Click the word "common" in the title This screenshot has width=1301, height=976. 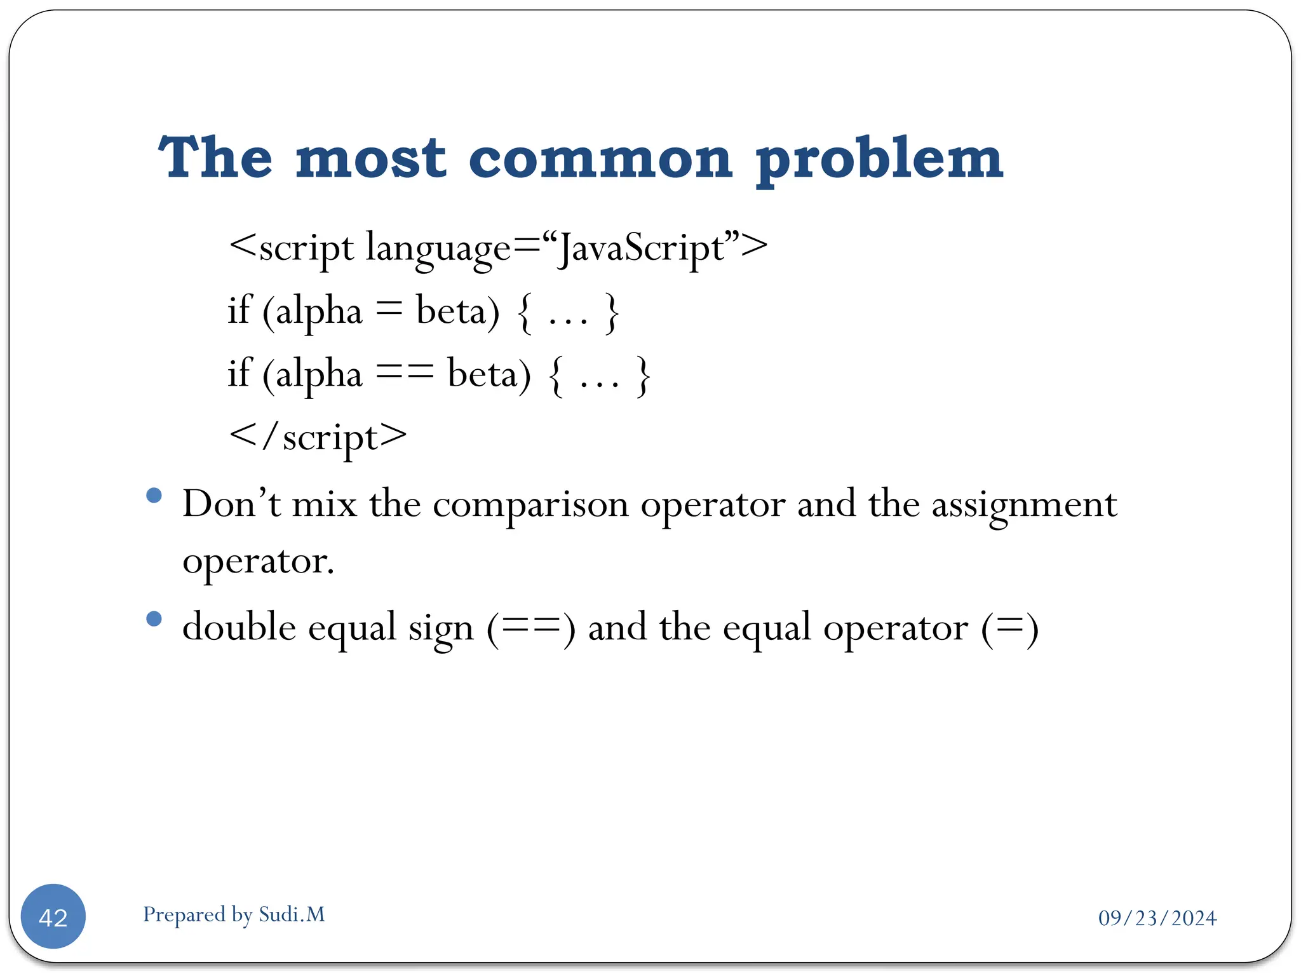point(600,158)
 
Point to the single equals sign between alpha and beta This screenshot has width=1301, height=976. point(389,311)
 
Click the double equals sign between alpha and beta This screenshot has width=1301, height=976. point(405,373)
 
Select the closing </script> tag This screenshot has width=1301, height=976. point(318,437)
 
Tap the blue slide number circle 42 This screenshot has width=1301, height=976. point(53,917)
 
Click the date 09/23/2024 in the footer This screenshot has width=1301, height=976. point(1157,918)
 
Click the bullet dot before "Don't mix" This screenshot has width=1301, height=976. point(154,496)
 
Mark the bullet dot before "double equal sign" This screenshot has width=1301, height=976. point(154,619)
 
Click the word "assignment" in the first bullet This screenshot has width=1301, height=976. point(1024,506)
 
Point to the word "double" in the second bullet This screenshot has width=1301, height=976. point(239,627)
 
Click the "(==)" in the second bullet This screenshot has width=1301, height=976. point(531,628)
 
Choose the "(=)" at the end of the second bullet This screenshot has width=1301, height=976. point(1009,628)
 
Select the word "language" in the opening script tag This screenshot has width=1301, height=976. point(438,248)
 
